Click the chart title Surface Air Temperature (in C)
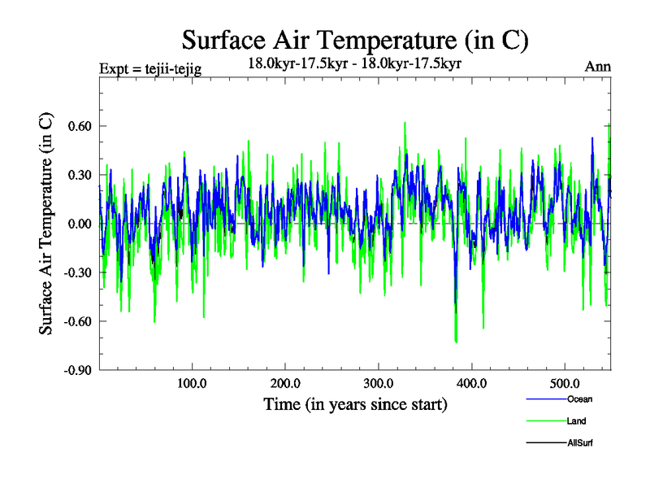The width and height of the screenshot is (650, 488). (x=355, y=39)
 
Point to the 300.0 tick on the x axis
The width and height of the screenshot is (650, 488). (x=379, y=383)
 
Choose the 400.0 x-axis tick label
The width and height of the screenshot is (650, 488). (x=471, y=383)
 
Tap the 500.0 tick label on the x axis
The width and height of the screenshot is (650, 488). (x=565, y=383)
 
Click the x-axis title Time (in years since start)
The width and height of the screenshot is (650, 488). (x=355, y=403)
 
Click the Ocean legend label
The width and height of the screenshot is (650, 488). (x=578, y=399)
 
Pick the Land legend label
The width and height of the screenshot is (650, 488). (x=577, y=421)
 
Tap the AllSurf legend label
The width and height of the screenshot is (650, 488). (x=580, y=443)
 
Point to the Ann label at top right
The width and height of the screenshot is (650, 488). (x=598, y=67)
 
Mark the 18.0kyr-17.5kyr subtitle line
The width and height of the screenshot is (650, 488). (x=354, y=63)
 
